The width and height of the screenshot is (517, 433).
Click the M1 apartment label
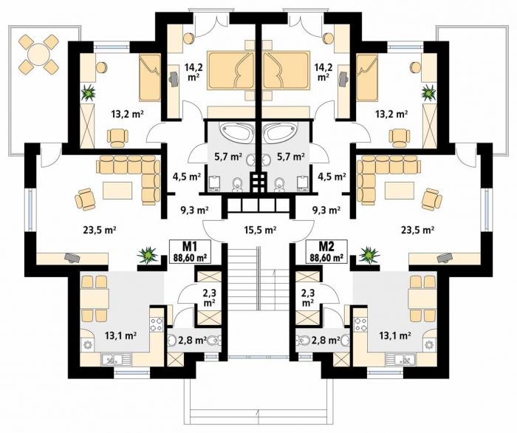[x=190, y=246]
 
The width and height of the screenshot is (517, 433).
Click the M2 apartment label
[x=326, y=246]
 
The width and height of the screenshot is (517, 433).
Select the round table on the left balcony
[x=38, y=54]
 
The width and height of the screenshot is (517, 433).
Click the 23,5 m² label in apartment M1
[x=99, y=230]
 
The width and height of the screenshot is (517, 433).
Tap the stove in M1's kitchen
[x=157, y=324]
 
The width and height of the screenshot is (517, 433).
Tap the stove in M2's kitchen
[x=360, y=324]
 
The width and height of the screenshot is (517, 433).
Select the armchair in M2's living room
[x=432, y=199]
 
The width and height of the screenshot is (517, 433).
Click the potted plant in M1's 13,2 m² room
[x=89, y=92]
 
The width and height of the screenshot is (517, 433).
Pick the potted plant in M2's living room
[x=369, y=255]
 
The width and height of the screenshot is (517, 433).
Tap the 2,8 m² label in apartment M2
[x=326, y=340]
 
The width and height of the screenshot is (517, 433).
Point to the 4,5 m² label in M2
[x=331, y=177]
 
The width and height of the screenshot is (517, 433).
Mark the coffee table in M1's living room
[x=117, y=191]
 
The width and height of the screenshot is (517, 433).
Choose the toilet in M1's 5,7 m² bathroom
[x=237, y=184]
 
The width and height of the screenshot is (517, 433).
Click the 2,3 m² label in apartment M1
[x=210, y=297]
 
